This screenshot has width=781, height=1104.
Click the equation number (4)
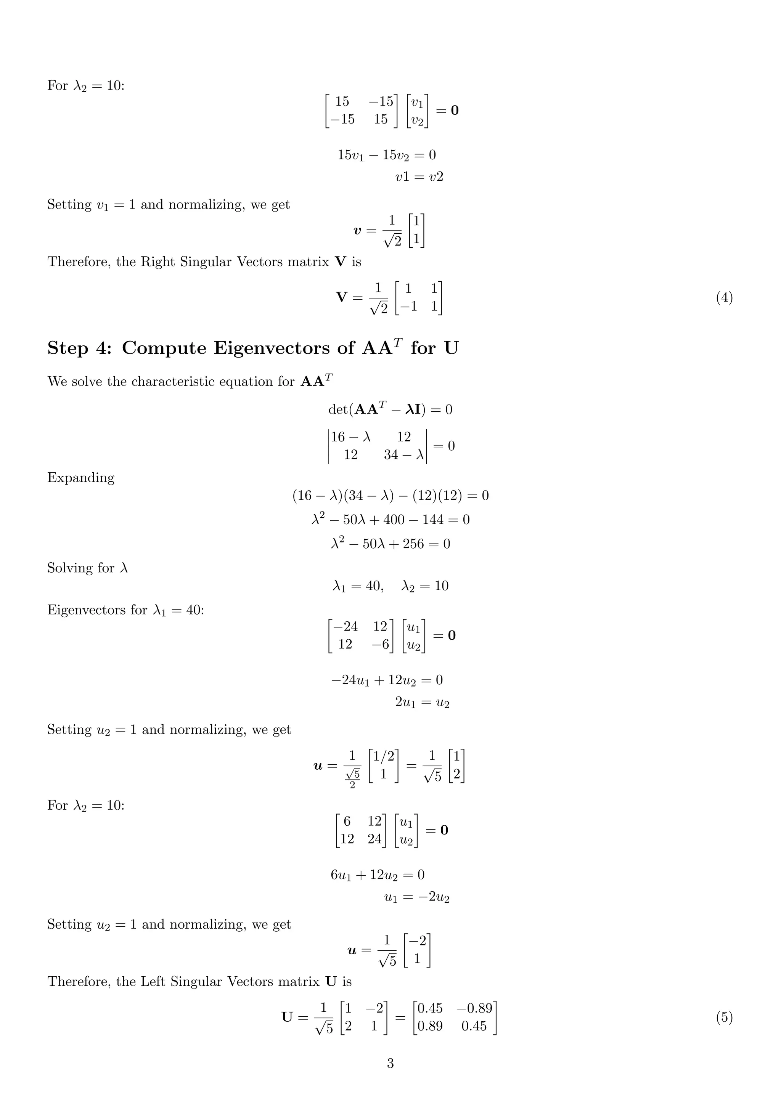pos(724,298)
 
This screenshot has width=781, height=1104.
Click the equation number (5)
pos(724,1017)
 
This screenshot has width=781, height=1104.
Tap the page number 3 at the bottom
pos(390,1063)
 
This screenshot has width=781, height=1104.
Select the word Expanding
pos(81,478)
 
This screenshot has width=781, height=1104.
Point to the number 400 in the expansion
pos(394,520)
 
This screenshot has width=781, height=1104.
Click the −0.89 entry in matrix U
pos(474,1008)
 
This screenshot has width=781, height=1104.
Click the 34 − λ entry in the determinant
pos(404,455)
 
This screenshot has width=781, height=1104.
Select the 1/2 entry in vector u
pos(383,756)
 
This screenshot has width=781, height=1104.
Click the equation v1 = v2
pos(419,177)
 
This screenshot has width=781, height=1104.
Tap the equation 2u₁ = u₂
pos(422,703)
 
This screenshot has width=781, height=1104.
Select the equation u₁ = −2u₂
pos(417,897)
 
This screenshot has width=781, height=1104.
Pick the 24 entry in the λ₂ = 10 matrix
pos(374,839)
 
